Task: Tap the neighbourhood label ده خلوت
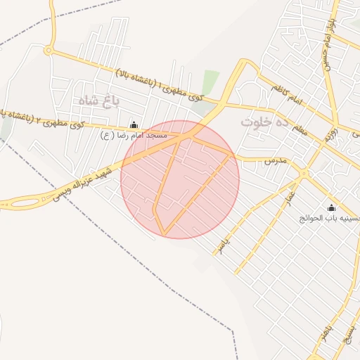[265, 121]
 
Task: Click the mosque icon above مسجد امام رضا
[134, 124]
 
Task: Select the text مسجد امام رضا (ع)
[134, 134]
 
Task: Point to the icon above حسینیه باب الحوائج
[332, 207]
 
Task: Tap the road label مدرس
[275, 161]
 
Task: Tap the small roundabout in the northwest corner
[48, 50]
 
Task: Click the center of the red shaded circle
[180, 179]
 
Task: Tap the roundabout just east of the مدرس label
[304, 172]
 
